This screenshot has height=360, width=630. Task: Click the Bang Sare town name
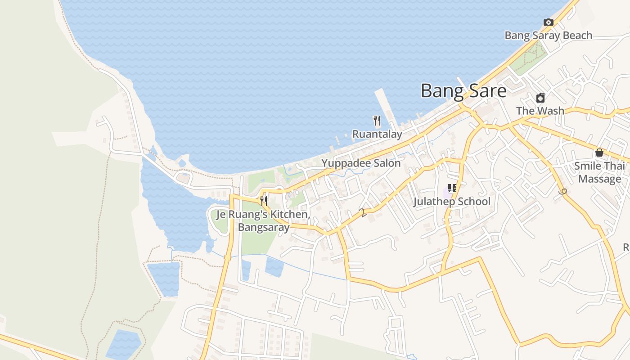(463, 91)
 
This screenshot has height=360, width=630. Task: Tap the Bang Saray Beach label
(548, 36)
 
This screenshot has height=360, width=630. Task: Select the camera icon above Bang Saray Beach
(548, 22)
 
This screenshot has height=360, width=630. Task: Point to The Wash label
(540, 111)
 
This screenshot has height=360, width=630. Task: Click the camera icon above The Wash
(540, 98)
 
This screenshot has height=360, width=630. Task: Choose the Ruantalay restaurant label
(377, 134)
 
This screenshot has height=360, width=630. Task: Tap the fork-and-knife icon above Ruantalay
(377, 120)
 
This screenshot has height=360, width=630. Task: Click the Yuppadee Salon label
(361, 163)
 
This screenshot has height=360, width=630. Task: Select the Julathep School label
(452, 202)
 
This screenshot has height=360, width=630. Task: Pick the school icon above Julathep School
(452, 188)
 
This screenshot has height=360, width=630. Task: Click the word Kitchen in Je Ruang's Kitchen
(291, 215)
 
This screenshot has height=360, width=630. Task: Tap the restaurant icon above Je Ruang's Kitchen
(264, 201)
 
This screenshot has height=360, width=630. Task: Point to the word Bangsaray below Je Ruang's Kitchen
(264, 227)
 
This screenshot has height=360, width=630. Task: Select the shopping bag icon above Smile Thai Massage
(599, 153)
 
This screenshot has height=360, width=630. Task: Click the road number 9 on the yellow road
(562, 192)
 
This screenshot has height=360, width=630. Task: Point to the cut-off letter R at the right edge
(626, 247)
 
